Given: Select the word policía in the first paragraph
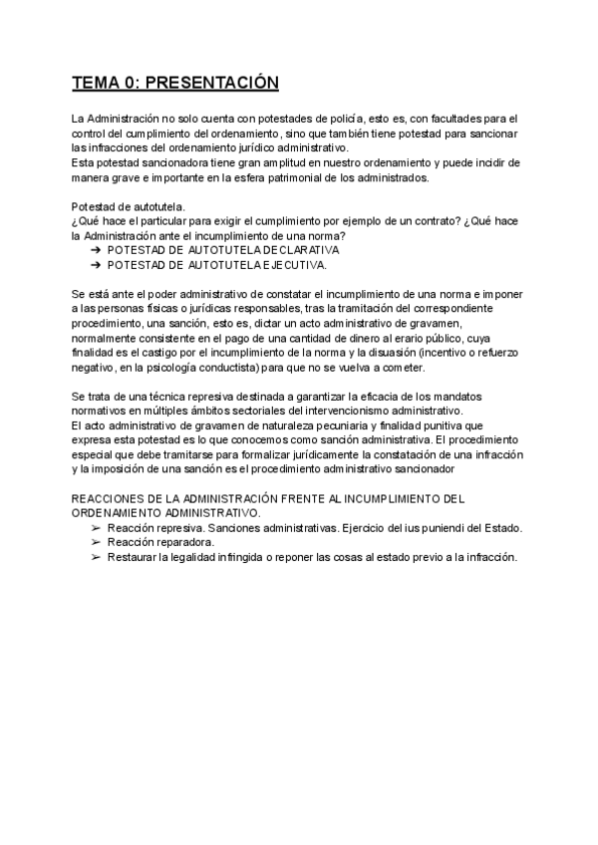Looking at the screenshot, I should pos(345,119).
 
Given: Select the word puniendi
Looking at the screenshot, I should pos(434,528).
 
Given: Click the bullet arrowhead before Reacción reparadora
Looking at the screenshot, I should pos(95,543).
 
